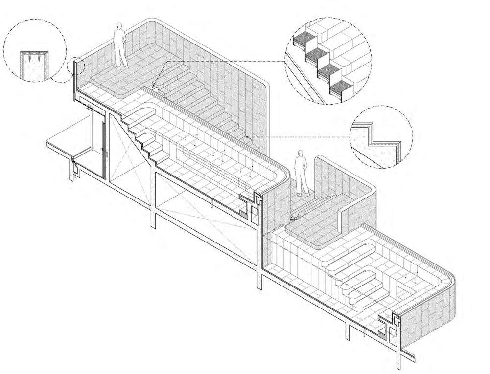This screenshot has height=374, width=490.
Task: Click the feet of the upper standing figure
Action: pyautogui.click(x=122, y=67)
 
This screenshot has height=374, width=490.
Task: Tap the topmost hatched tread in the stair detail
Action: pyautogui.click(x=303, y=41)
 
